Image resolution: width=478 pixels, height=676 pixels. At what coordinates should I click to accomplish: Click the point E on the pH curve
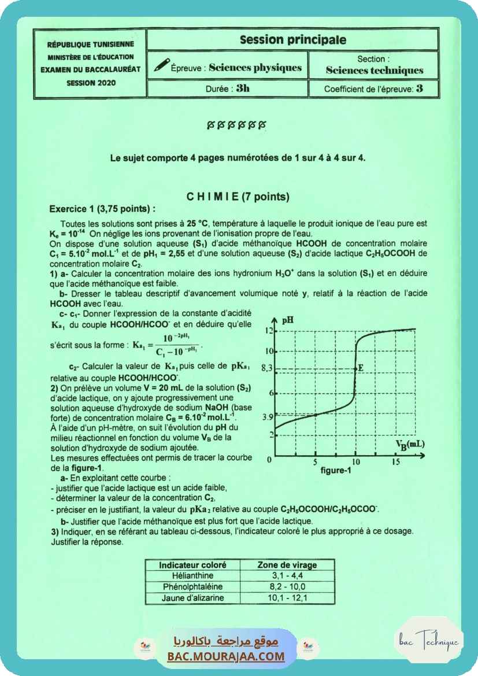[355, 368]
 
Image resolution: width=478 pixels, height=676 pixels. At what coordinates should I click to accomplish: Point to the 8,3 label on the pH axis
[266, 368]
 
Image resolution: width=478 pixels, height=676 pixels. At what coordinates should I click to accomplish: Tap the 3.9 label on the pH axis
[267, 416]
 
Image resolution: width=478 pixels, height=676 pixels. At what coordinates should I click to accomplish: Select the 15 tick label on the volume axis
[396, 462]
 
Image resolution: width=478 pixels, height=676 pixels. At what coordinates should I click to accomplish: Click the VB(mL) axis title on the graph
[410, 444]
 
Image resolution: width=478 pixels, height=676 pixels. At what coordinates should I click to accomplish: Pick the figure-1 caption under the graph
[336, 471]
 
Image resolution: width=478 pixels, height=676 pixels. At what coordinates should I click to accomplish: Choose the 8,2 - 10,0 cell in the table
[287, 586]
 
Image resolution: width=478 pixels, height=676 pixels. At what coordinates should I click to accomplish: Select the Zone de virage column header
[287, 564]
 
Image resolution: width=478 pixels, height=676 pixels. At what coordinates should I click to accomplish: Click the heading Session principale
[292, 40]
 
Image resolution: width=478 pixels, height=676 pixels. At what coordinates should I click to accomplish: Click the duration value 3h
[243, 88]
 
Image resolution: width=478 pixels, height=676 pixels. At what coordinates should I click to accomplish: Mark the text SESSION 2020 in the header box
[91, 83]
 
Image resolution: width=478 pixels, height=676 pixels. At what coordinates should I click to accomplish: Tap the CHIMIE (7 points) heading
[238, 197]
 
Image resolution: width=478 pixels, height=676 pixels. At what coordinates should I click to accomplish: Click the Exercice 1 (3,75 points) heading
[102, 209]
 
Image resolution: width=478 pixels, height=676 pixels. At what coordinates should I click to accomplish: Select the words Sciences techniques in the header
[374, 71]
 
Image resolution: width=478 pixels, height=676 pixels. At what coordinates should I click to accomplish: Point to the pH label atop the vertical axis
[288, 320]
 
